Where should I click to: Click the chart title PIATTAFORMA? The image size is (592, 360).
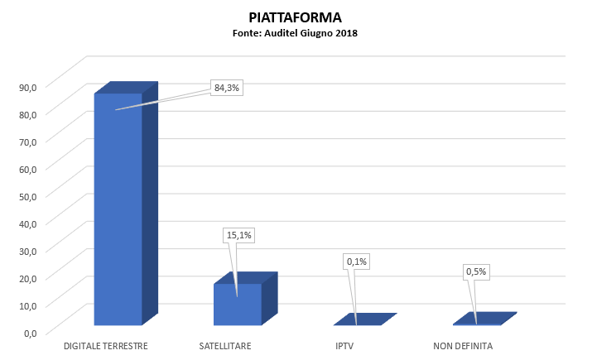[x=295, y=17]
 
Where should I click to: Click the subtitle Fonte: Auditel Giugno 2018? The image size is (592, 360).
[x=295, y=33]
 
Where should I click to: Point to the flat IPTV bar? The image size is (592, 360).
[x=364, y=319]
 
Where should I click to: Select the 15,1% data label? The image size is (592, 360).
[x=239, y=235]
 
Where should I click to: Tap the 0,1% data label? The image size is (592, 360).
[x=357, y=262]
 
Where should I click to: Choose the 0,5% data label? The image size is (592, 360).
[x=476, y=271]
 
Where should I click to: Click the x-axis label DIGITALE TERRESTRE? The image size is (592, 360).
[x=106, y=345]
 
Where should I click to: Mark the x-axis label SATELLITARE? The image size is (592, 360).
[x=225, y=345]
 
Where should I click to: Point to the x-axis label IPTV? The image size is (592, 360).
[x=344, y=345]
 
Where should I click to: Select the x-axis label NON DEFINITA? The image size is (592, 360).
[x=464, y=345]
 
